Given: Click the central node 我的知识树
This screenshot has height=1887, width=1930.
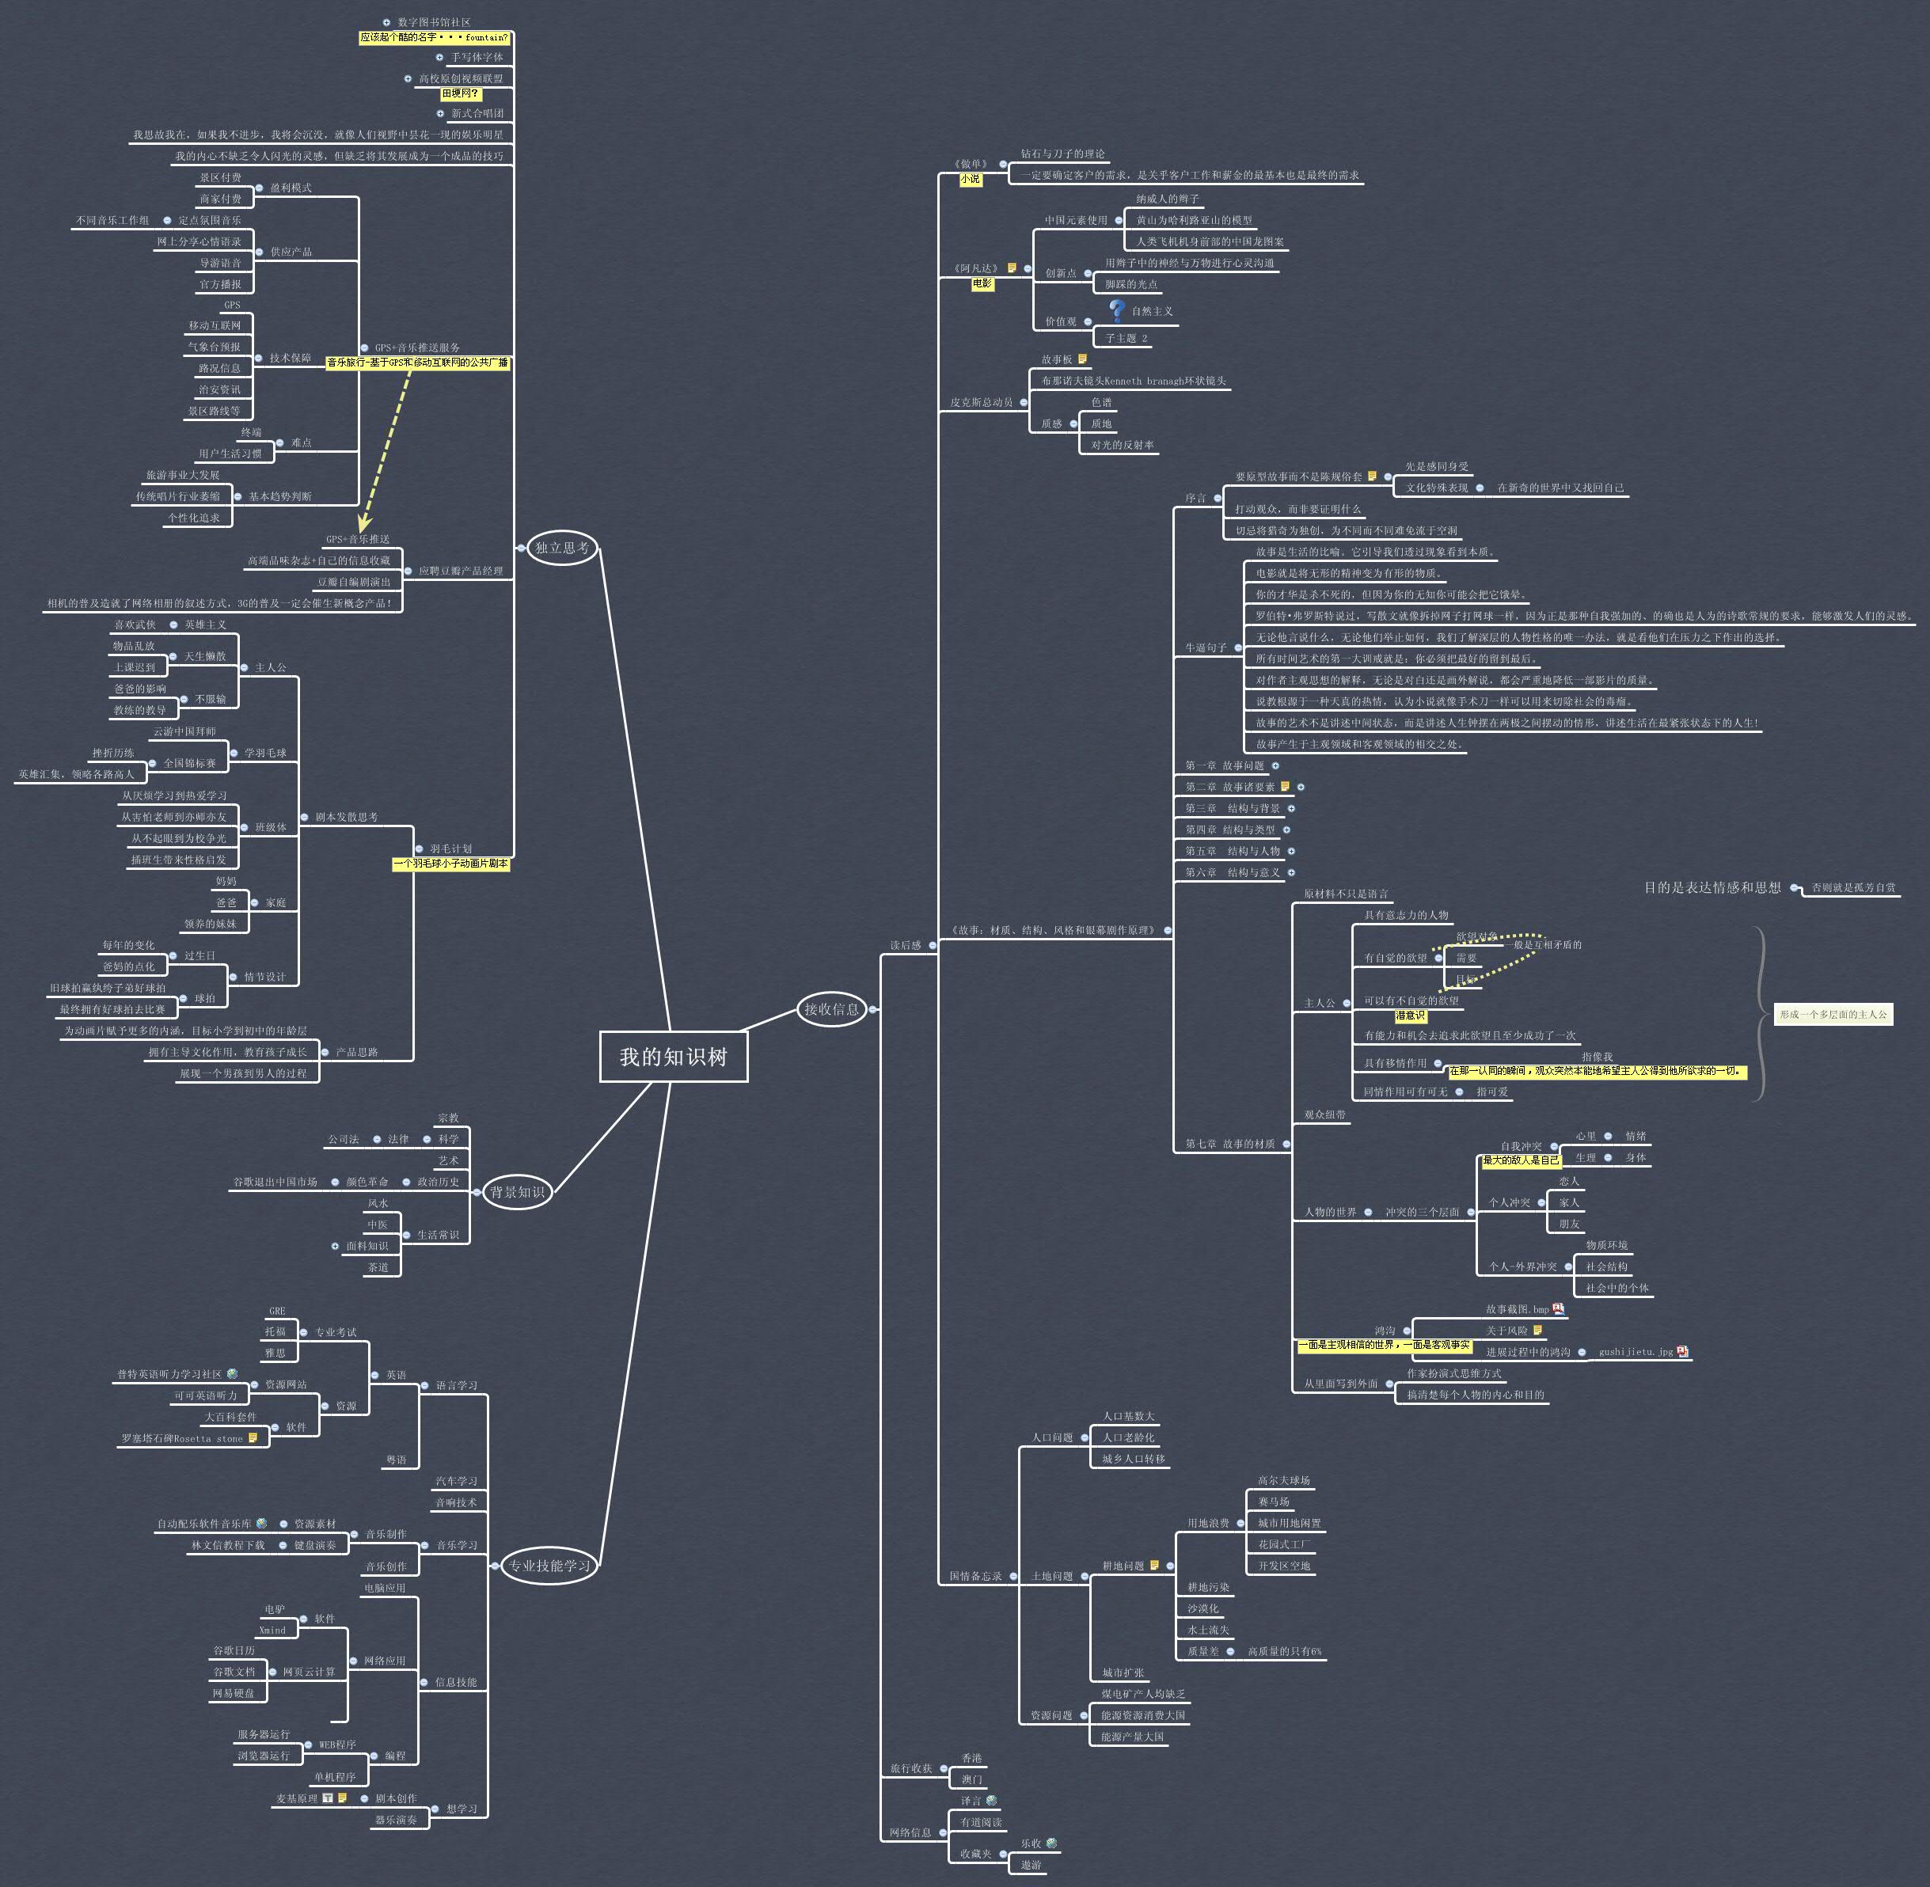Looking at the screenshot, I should point(673,1057).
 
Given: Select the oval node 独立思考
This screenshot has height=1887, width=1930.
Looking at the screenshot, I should point(562,547).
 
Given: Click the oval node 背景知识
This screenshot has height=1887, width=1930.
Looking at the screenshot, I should point(516,1191).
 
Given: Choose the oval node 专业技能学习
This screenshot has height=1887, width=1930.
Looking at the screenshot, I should point(549,1566).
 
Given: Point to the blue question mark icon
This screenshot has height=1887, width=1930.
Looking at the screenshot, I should point(1117,310).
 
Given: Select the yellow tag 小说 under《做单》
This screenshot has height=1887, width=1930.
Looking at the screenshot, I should point(970,180).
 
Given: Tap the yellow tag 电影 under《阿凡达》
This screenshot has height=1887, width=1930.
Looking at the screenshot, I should point(982,283).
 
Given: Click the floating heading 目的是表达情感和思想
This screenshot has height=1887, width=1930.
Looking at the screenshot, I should point(1712,887).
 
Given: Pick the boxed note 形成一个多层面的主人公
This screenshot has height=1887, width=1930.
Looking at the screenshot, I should point(1833,1014).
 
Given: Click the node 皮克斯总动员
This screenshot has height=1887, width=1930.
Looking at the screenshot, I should point(982,402).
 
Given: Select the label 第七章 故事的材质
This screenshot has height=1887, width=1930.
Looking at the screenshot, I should point(1230,1144).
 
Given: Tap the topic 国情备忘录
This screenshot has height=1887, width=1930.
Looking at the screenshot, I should point(975,1576).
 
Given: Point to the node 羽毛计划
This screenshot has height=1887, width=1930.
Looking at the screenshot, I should point(451,849).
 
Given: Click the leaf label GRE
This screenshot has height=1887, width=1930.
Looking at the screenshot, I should point(278,1310).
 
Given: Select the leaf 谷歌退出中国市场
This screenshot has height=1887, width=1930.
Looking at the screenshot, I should point(275,1182).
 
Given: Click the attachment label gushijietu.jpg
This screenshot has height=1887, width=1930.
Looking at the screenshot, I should point(1635,1352).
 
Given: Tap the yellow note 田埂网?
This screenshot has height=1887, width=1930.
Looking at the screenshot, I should point(460,93).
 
